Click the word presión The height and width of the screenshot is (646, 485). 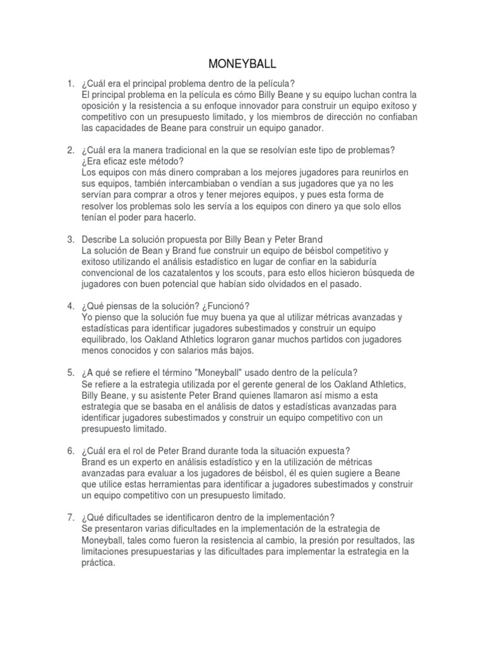click(357, 541)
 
